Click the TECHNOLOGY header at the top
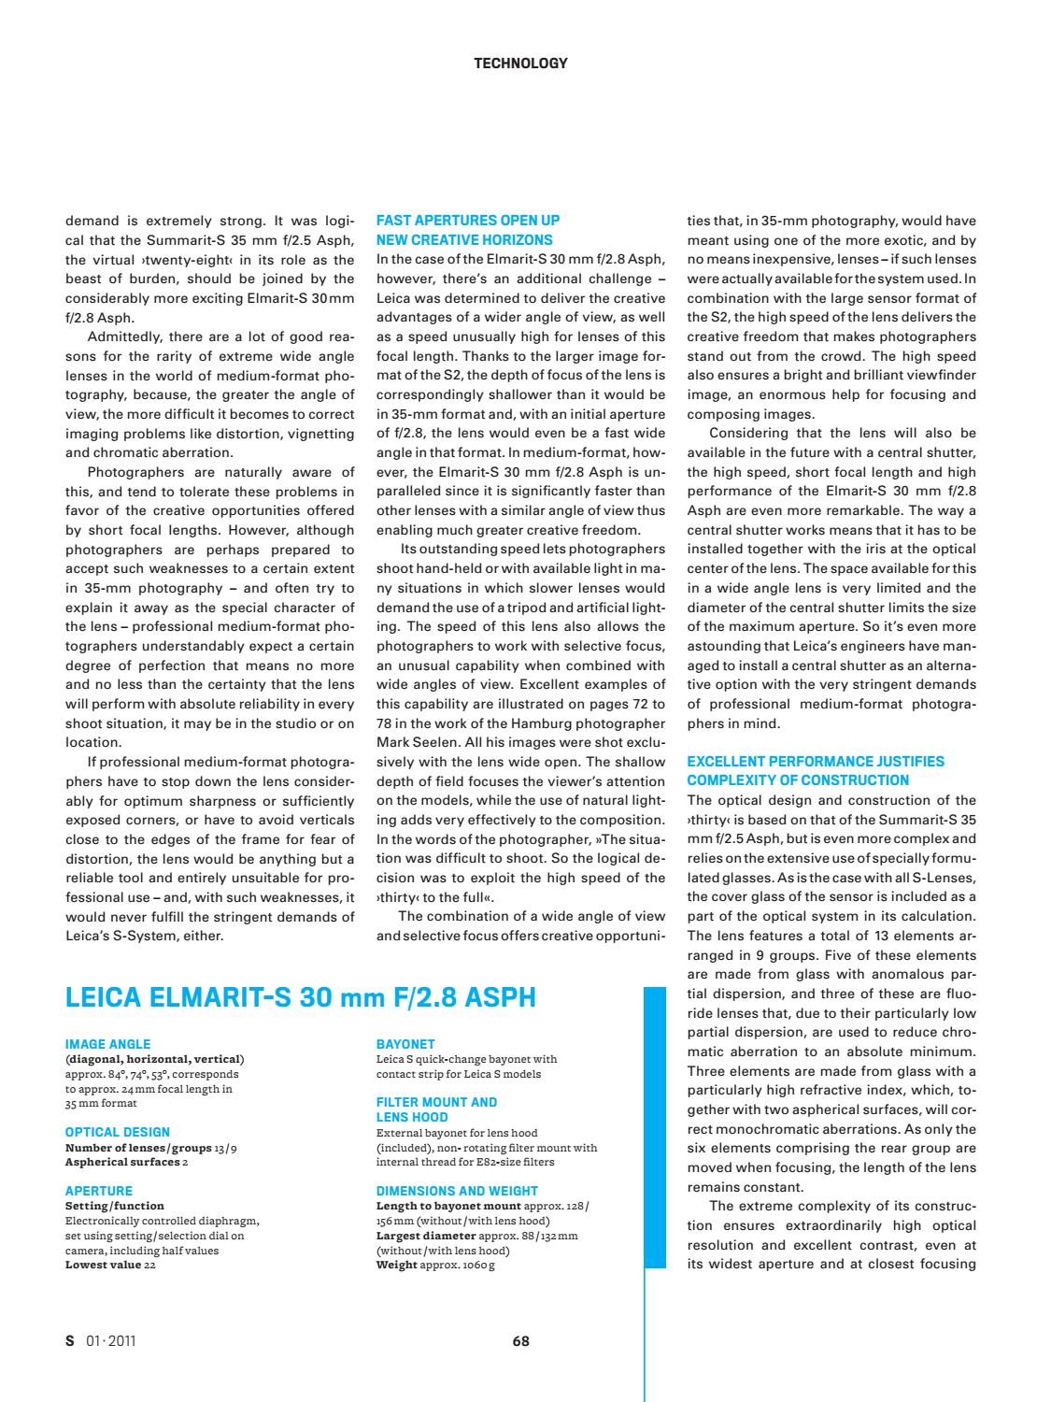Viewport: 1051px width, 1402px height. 520,64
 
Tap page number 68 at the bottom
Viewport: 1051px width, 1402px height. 521,1341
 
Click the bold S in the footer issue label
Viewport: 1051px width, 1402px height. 69,1341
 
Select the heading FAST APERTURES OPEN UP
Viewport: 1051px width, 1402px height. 467,221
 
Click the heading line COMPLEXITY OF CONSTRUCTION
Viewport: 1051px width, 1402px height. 798,780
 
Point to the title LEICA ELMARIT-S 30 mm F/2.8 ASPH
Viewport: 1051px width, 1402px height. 300,997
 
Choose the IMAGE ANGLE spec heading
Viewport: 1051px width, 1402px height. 107,1044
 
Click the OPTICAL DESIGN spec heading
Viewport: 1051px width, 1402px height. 118,1132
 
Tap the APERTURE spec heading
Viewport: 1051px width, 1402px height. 99,1191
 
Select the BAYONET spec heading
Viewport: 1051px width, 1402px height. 405,1044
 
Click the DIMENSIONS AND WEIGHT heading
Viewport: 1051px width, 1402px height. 457,1191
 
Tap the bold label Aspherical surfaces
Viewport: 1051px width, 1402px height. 121,1162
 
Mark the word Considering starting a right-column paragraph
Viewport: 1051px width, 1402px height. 748,433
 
